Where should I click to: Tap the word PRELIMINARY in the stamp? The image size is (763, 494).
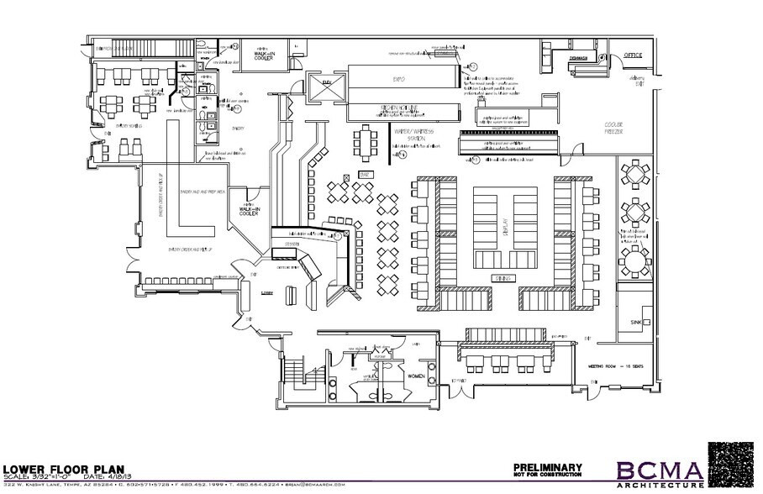coord(547,467)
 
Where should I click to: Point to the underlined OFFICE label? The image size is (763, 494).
coord(633,55)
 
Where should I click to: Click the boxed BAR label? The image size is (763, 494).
coord(365,173)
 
